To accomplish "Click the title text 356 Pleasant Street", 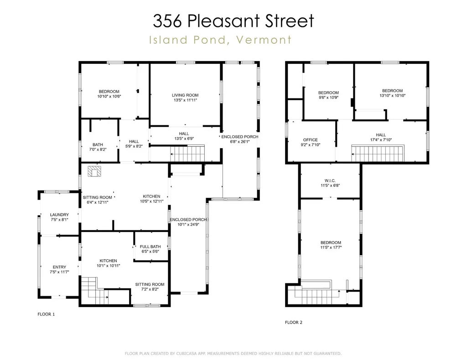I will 233,21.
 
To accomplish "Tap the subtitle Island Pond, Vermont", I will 220,40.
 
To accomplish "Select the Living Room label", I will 185,95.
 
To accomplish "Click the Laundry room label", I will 59,215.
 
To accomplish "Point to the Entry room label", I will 59,267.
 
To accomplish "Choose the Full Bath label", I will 150,247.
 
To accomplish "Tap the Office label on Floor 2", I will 310,140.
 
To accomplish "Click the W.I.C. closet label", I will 331,180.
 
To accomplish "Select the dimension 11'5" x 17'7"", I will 331,248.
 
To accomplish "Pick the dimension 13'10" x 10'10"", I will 392,96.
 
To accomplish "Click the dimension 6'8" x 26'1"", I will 239,141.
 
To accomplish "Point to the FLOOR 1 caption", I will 46,314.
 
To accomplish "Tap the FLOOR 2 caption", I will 293,322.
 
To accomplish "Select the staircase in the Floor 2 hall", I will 379,153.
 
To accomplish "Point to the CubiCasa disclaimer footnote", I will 233,354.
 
